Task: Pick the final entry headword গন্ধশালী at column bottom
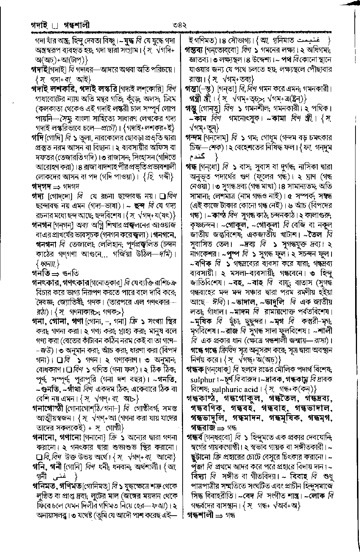click(x=200, y=516)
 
